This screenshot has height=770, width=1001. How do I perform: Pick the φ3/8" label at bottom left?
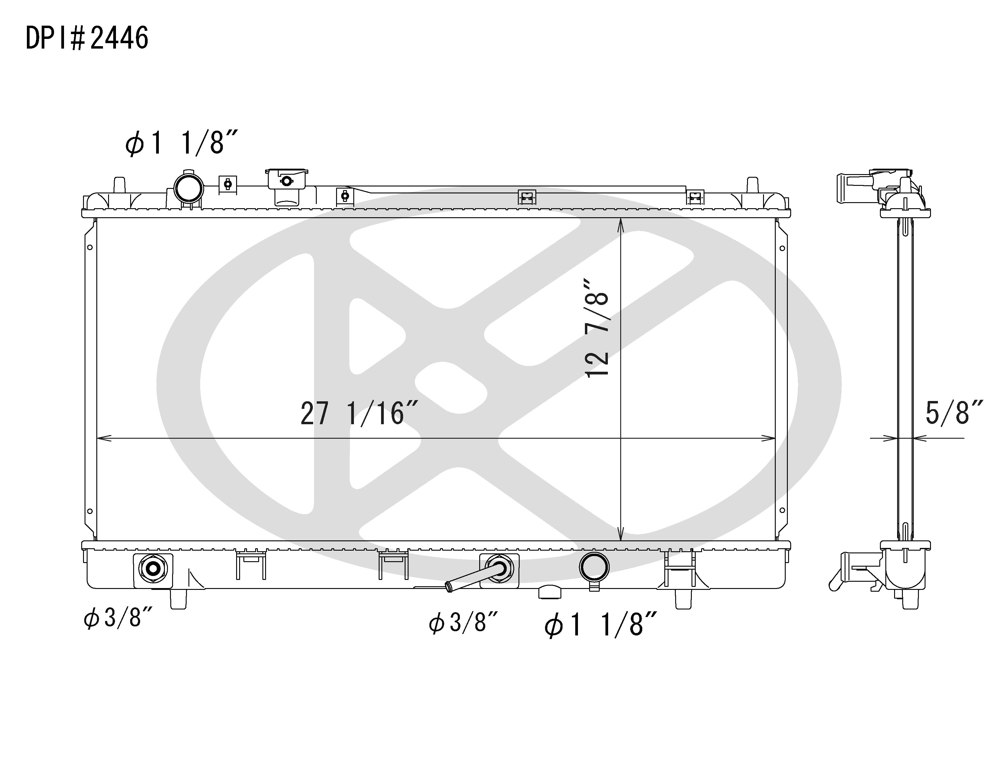(x=118, y=618)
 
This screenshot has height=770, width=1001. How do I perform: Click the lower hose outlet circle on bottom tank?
(x=594, y=567)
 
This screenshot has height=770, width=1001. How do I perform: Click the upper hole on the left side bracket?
(x=90, y=247)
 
